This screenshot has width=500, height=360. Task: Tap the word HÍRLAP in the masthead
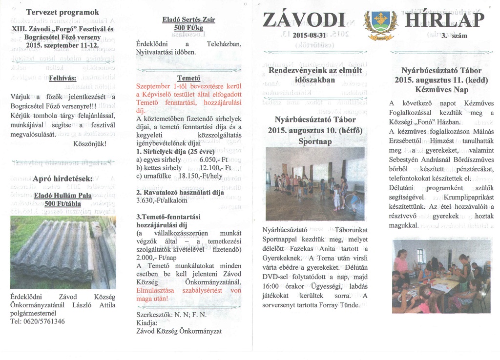(444, 20)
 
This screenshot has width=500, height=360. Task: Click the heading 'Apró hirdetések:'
(62, 179)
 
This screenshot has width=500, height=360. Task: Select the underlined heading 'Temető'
(188, 78)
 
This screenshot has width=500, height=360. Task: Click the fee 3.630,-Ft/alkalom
(162, 200)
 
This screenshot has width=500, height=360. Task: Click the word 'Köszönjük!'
(89, 144)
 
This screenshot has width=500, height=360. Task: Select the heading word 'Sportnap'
(315, 141)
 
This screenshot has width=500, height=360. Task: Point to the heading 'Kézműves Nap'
(442, 89)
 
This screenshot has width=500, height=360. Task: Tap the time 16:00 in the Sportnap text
(271, 287)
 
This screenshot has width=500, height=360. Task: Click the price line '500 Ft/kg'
(188, 28)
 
